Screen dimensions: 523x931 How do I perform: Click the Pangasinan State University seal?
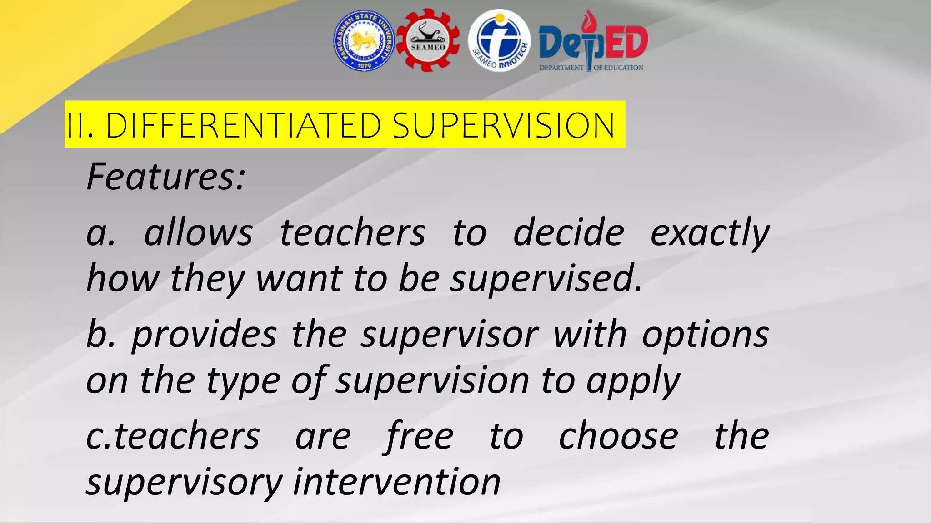coord(364,41)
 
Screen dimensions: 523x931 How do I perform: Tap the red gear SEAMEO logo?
coord(428,41)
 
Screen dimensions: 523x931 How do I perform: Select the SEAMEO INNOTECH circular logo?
coord(499,41)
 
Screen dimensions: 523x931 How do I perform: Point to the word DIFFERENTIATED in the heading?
coord(243,125)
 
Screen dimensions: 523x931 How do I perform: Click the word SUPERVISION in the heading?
coord(503,125)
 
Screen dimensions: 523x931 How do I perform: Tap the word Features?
coord(166,177)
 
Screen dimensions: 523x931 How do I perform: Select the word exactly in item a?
coord(710,233)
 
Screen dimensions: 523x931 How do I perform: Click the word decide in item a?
coord(568,233)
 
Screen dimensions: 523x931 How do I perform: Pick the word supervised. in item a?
coord(546,279)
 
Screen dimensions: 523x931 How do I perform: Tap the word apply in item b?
coord(633,381)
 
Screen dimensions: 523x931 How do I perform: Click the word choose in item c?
coord(618,436)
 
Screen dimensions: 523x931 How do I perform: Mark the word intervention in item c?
coord(396,482)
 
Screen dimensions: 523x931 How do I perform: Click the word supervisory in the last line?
coord(185,482)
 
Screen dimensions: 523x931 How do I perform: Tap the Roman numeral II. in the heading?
coord(80,125)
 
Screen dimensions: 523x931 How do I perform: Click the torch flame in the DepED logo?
coord(590,20)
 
